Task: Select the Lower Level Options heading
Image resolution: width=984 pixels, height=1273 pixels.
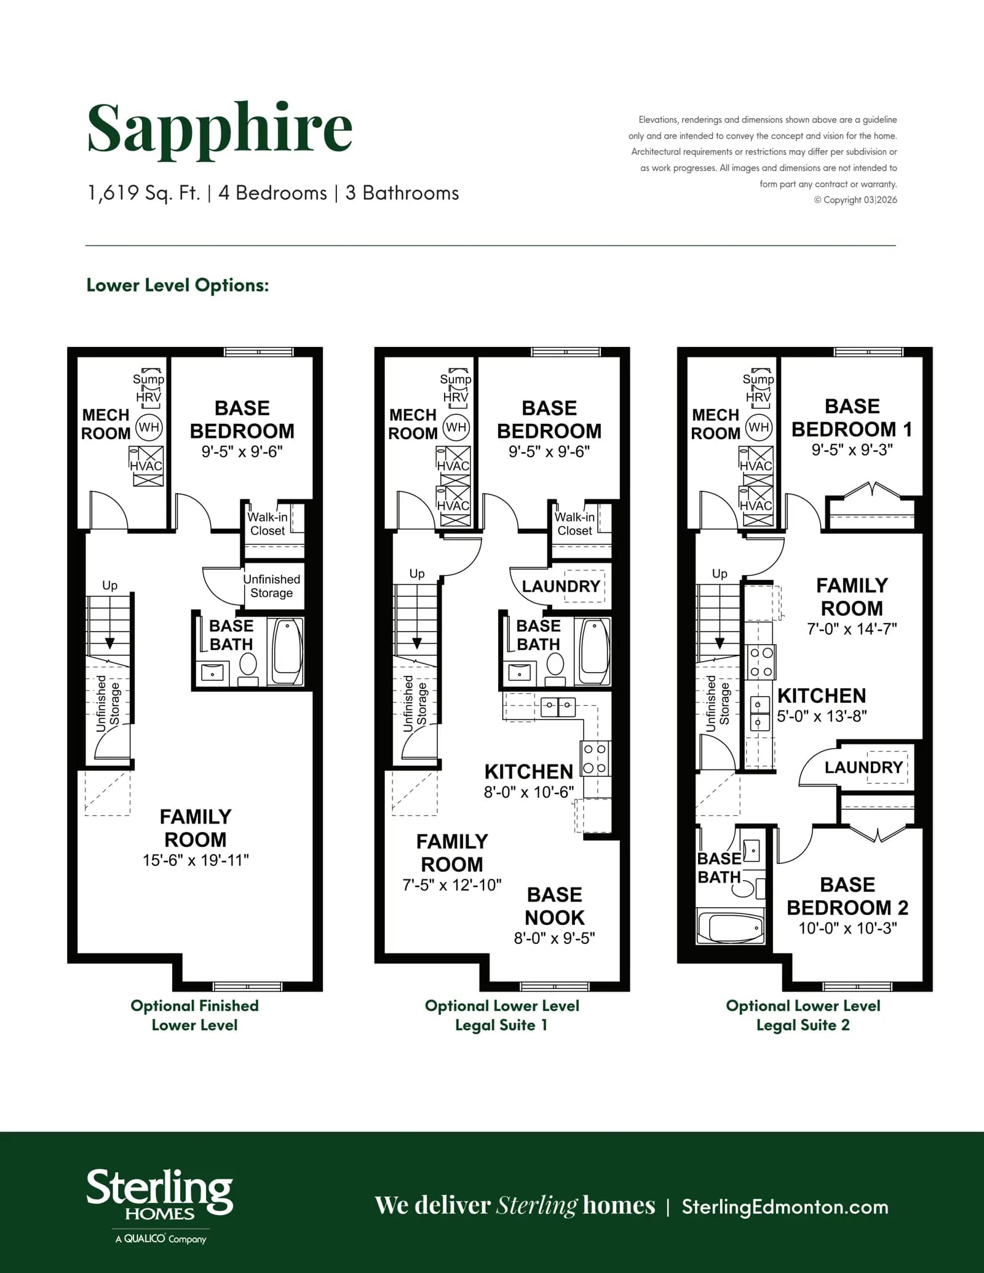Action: point(178,285)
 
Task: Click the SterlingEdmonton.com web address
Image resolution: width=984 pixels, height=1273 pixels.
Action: point(785,1207)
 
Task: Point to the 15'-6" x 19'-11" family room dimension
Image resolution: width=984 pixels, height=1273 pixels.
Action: point(196,860)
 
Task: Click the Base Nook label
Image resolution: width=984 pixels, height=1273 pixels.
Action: point(555,906)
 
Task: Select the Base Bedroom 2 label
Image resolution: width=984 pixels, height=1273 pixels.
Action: point(847,896)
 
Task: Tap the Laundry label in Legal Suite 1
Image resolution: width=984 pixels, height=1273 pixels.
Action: point(561,586)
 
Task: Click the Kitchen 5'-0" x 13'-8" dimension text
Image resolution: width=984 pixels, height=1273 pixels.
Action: point(822,716)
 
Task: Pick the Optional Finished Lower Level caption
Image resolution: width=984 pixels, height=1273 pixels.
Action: point(194,1015)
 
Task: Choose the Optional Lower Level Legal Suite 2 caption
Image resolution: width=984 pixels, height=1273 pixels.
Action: point(803,1015)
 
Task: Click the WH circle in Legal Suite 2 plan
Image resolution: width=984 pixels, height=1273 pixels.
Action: point(759,427)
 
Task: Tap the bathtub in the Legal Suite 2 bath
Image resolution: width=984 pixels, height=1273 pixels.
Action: point(731,927)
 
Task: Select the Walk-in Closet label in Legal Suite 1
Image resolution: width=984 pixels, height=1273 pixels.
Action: point(574,524)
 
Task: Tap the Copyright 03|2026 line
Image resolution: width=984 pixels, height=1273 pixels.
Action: point(855,200)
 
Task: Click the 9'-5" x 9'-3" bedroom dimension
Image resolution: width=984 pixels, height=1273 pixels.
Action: point(852,450)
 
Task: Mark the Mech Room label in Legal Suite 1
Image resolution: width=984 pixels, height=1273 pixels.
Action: point(413,424)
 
